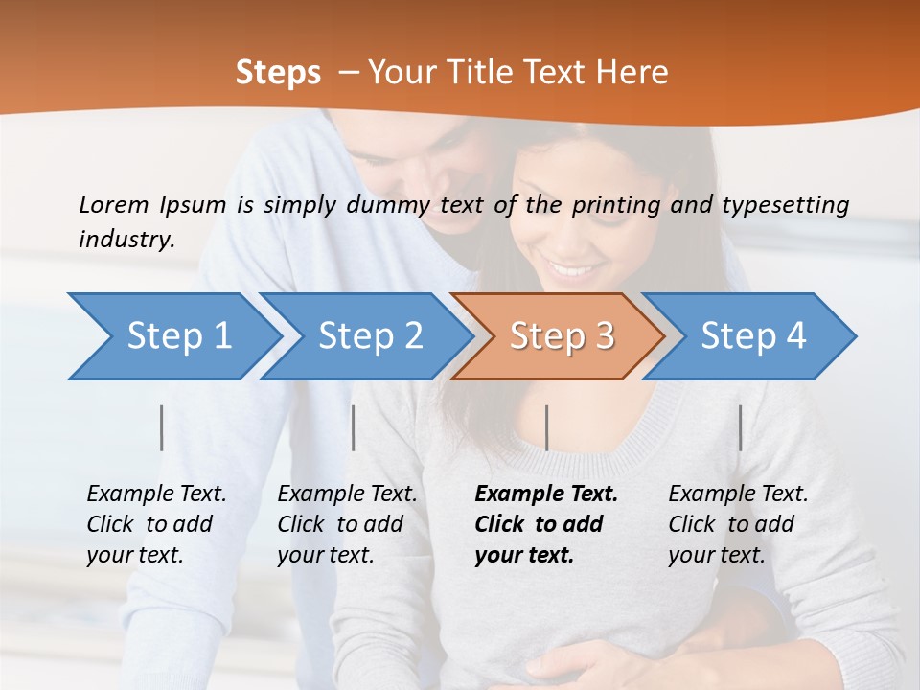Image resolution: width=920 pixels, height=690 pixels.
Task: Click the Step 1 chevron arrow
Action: point(177,336)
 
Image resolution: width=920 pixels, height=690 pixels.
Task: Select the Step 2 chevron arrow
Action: point(369,336)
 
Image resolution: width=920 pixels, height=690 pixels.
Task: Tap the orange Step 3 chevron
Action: point(561,336)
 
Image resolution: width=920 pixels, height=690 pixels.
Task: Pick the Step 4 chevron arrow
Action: point(752,336)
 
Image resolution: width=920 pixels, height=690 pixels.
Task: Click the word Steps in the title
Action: point(278,72)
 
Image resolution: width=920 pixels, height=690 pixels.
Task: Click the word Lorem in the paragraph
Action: point(113,204)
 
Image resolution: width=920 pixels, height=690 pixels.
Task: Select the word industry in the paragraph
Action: point(126,239)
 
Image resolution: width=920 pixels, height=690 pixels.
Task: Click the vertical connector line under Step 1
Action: point(162,427)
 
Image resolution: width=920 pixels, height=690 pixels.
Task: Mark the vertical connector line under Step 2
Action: point(354,427)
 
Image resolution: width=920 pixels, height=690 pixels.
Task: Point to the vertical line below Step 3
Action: point(546,427)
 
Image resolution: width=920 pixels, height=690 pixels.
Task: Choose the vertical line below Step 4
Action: point(740,427)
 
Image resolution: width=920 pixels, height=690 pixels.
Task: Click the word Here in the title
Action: point(636,72)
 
